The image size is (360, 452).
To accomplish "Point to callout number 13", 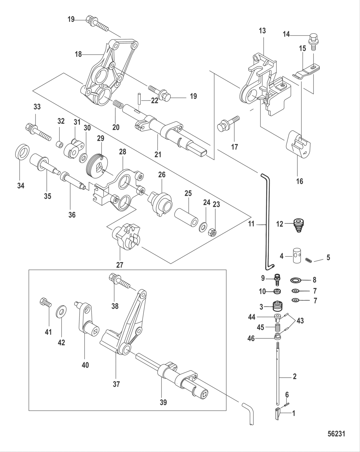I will pos(262,31).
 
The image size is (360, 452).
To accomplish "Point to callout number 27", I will pos(120,265).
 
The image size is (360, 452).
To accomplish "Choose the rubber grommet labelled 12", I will pos(299,225).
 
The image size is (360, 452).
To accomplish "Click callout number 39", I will pos(163,402).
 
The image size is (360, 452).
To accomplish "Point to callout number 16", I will pos(299,181).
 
